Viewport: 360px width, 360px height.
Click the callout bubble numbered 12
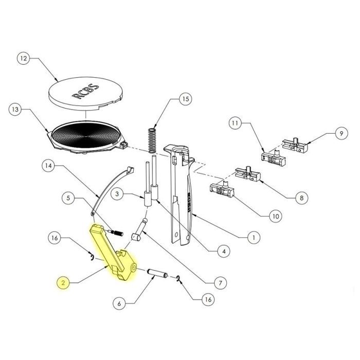click(x=23, y=59)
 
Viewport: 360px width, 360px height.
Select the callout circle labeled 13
click(x=17, y=110)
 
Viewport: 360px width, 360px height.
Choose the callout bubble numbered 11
click(x=235, y=124)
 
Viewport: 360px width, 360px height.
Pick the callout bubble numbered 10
click(x=275, y=217)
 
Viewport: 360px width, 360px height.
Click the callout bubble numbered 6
click(x=119, y=304)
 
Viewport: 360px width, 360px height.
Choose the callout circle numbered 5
click(x=69, y=197)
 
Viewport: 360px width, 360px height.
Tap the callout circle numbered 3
click(x=118, y=194)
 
